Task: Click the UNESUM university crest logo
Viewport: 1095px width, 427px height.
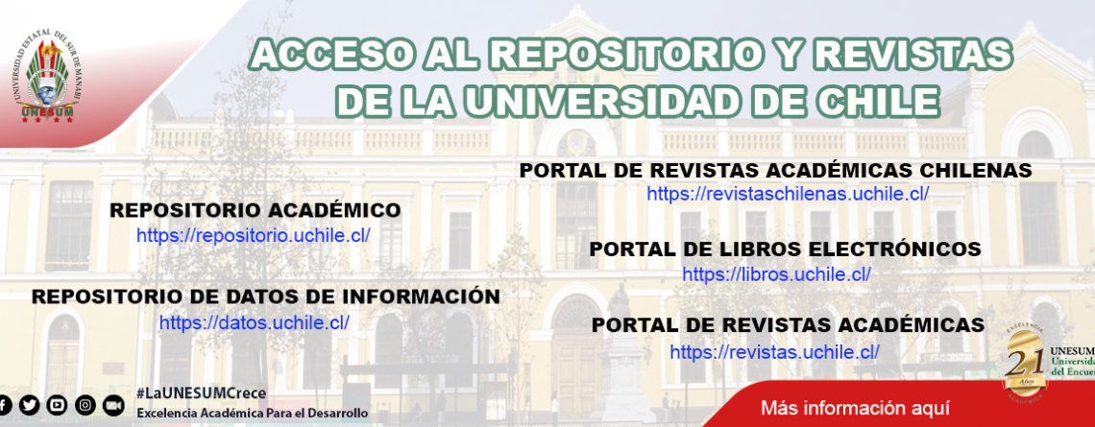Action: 47,81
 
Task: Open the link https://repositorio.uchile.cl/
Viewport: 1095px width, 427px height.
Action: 254,236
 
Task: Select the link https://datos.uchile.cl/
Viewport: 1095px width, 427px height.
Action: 255,323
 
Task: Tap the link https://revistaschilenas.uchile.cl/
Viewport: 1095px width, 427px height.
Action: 788,194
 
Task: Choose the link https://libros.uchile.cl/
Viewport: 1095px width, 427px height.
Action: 776,274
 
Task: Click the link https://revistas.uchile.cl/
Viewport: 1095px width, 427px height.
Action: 775,352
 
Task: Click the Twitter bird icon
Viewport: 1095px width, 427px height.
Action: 30,405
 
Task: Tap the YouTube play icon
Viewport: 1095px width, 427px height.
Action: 58,405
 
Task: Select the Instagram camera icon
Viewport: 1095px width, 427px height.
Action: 85,405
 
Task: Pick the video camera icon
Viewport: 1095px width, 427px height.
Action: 113,405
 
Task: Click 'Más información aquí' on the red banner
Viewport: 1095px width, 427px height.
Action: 856,407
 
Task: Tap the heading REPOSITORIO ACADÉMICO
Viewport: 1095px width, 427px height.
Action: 255,210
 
